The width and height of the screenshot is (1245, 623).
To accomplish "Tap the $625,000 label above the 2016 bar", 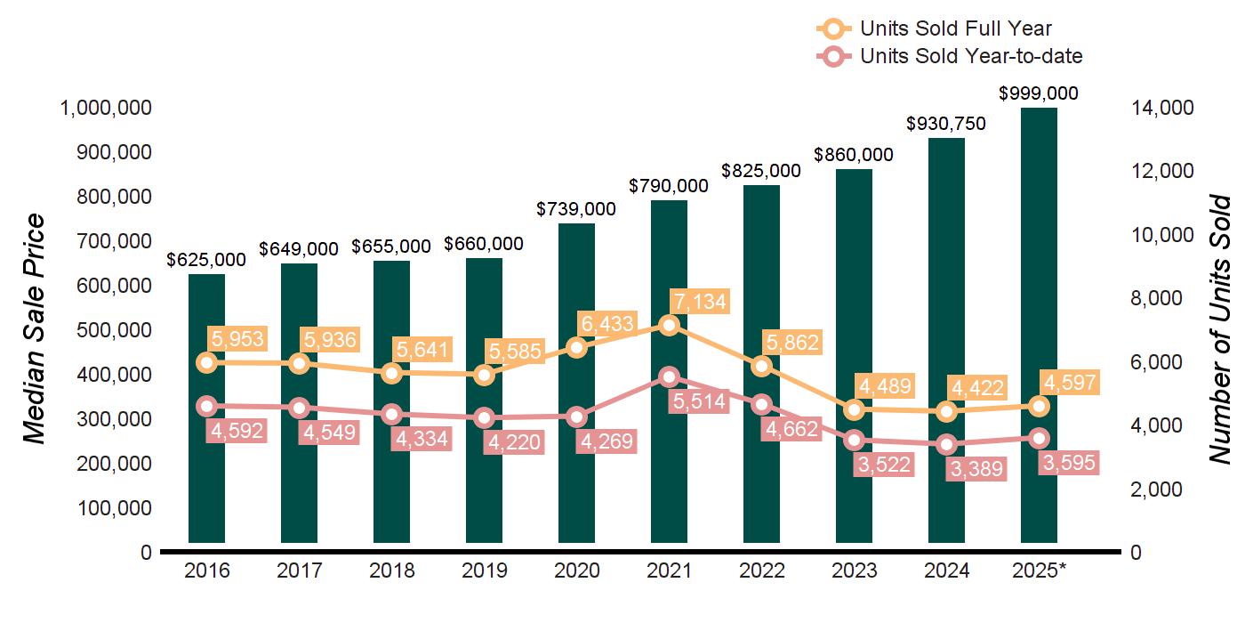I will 206,260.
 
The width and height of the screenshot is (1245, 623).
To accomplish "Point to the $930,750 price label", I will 946,124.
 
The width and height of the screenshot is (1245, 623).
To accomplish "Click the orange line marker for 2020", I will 576,347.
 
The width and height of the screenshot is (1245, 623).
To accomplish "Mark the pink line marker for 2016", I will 206,406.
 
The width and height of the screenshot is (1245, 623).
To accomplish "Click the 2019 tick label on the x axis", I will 484,571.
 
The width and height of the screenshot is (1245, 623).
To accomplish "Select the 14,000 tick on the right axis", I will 1161,108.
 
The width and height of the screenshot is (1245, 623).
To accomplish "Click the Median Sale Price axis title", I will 34,329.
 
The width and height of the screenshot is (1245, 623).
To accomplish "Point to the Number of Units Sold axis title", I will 1219,329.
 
